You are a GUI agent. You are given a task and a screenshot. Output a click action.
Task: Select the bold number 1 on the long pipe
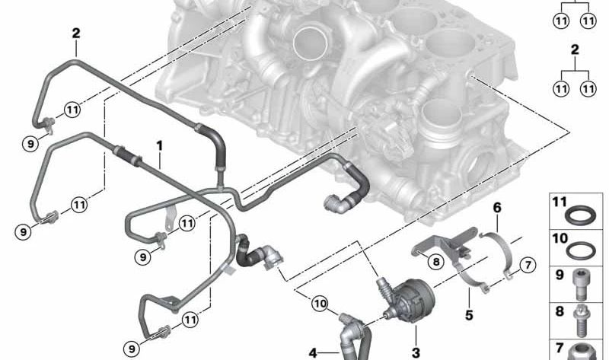(x=160, y=144)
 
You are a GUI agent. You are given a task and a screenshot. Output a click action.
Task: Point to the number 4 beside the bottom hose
(x=313, y=352)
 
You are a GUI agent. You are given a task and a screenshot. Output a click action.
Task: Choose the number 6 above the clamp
(x=496, y=207)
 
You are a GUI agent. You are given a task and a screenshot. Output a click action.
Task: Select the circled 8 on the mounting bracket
(x=435, y=263)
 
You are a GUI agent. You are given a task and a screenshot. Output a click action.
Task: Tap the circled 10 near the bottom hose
(x=319, y=304)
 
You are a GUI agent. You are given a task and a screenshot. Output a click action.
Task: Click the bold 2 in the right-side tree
(x=575, y=49)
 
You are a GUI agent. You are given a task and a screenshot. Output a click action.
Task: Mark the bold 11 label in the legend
(x=560, y=202)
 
